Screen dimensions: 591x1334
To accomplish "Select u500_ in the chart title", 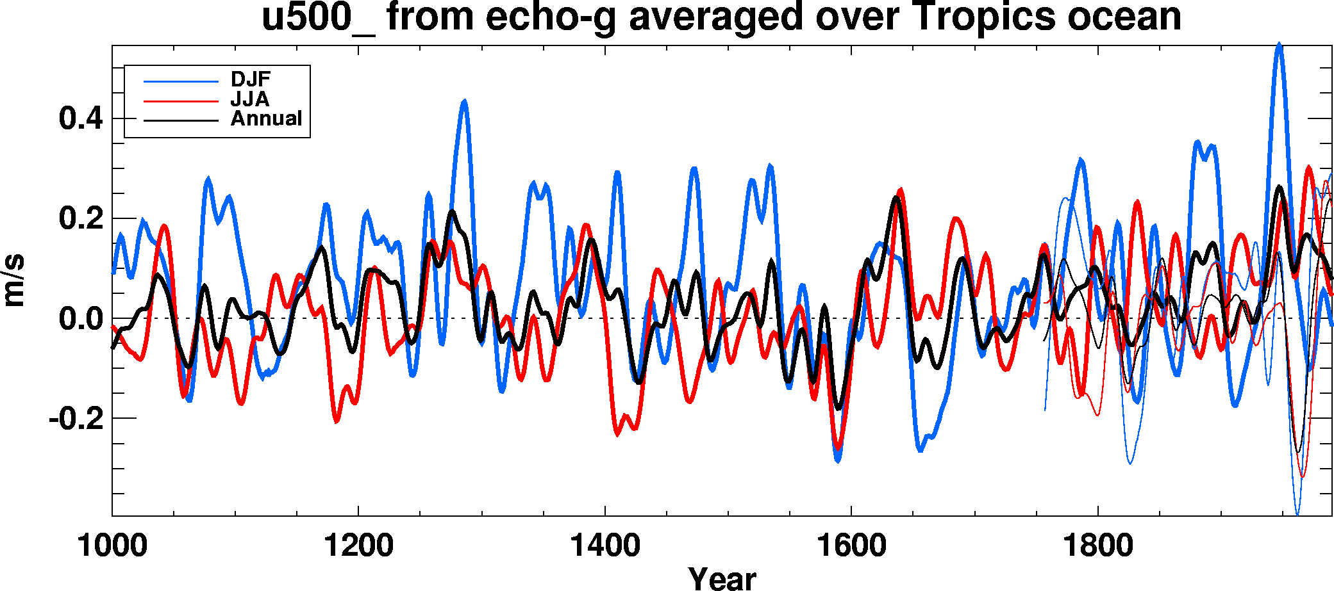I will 318,18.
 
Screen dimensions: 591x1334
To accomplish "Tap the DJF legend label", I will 251,79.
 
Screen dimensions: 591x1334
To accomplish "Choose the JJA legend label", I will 250,99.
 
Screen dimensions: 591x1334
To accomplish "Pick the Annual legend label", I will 266,118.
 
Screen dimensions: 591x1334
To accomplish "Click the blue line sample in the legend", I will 181,81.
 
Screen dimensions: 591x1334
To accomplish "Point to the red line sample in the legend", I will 181,101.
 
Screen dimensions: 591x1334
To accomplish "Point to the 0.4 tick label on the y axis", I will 81,118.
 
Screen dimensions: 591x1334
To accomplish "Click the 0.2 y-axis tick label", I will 81,218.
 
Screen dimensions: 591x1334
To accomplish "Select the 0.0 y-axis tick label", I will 81,318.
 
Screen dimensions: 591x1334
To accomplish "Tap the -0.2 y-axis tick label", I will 76,418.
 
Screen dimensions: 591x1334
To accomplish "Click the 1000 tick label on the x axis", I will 112,546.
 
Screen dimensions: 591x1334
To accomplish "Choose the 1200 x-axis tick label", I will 358,546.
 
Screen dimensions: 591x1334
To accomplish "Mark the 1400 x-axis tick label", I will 604,546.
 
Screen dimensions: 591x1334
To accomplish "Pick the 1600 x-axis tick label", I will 851,546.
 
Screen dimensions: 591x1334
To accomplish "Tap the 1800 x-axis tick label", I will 1098,546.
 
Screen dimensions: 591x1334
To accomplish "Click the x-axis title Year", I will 722,578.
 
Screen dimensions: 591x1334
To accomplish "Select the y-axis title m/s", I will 14,280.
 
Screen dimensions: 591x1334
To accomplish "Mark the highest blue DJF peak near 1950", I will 1279,45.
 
